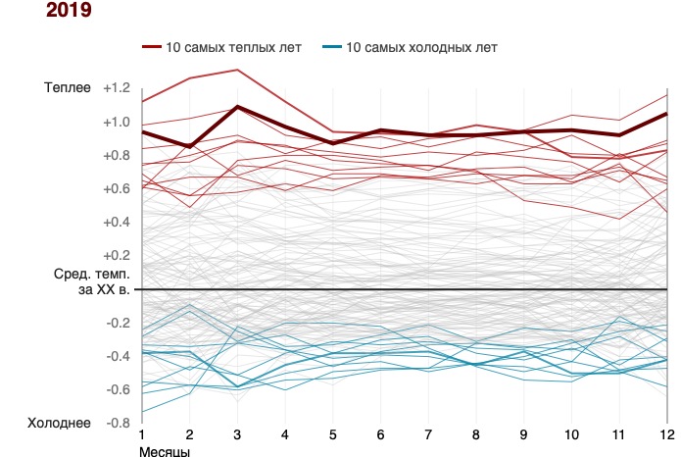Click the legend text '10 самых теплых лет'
(234, 47)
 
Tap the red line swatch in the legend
(153, 47)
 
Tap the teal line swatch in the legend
(334, 47)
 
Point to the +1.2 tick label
(117, 88)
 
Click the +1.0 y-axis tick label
(117, 123)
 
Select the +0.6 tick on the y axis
(117, 189)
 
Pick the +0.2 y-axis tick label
(117, 255)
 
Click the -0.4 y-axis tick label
(117, 356)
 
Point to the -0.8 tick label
(117, 423)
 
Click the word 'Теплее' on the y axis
(68, 88)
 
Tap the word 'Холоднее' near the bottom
(61, 423)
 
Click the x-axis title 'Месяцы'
(163, 451)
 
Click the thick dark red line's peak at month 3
(236, 107)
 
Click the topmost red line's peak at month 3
(236, 70)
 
